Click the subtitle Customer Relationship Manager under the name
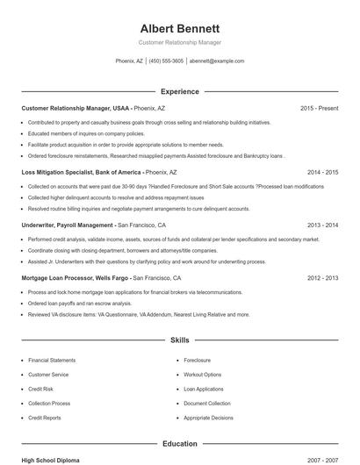click(180, 42)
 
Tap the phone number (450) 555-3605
click(167, 61)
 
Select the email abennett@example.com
click(217, 61)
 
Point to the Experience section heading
click(180, 91)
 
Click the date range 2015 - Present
click(319, 108)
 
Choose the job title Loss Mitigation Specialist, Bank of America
click(81, 173)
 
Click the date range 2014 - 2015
click(322, 173)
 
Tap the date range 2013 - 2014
click(322, 225)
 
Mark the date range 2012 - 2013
click(322, 277)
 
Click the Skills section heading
click(180, 339)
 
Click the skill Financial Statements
click(52, 361)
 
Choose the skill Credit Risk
click(41, 389)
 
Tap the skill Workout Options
click(203, 375)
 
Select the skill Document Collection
click(207, 404)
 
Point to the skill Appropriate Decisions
click(208, 418)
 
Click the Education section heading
click(180, 444)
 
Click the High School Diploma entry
click(51, 461)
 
